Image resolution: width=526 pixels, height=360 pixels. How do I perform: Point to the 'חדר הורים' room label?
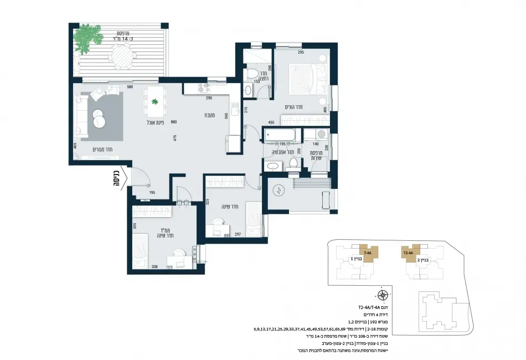300,106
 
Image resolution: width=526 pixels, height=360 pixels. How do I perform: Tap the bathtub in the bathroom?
282,135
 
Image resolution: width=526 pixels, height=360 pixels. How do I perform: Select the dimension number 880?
174,122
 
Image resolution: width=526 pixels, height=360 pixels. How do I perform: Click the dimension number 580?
130,87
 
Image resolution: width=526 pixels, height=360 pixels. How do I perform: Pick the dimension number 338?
156,267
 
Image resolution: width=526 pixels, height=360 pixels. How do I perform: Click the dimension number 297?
238,235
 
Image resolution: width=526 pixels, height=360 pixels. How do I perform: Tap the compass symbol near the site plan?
382,295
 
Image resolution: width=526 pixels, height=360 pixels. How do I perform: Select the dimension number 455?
271,122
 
